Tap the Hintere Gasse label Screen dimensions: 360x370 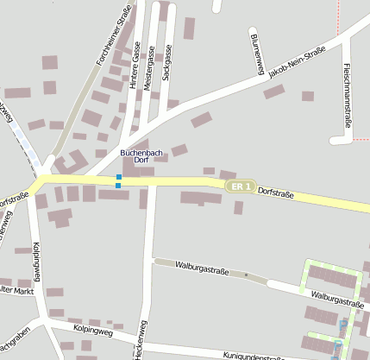pyautogui.click(x=136, y=66)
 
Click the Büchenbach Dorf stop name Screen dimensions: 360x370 pyautogui.click(x=135, y=156)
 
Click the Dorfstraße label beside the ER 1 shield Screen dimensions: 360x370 pyautogui.click(x=276, y=194)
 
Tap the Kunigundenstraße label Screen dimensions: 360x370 pyautogui.click(x=254, y=356)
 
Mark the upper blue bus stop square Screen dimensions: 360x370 pyautogui.click(x=119, y=177)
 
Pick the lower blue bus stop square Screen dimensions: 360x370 pyautogui.click(x=118, y=186)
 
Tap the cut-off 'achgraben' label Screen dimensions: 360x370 pyautogui.click(x=15, y=335)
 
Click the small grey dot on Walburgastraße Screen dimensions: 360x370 pyautogui.click(x=246, y=275)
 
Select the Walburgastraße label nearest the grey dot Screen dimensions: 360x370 pyautogui.click(x=202, y=267)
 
